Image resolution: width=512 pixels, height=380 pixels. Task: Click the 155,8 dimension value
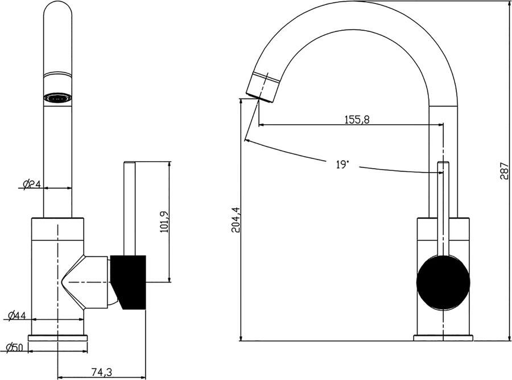[x=357, y=120]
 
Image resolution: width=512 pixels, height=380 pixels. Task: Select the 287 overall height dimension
[x=504, y=170]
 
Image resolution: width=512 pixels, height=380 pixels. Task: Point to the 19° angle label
[x=342, y=165]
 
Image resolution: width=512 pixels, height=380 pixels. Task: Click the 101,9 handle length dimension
[x=165, y=222]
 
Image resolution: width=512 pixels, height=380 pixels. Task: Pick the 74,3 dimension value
[x=101, y=372]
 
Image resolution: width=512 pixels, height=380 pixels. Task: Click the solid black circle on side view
[x=443, y=283]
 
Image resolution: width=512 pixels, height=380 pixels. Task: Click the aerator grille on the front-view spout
[x=58, y=98]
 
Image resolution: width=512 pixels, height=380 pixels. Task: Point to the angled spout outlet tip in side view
[x=262, y=88]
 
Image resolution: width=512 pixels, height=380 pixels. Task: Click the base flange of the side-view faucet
[x=443, y=338]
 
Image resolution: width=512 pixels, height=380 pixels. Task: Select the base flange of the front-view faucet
[x=58, y=338]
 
